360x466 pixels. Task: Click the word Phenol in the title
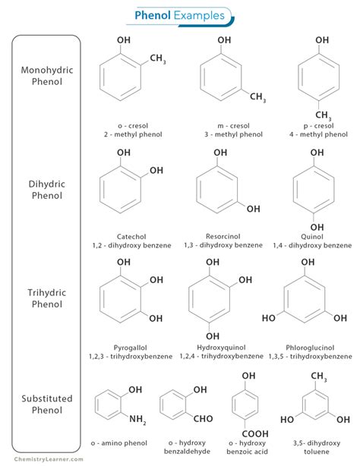(x=153, y=15)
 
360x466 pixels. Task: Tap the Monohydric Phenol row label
(x=47, y=76)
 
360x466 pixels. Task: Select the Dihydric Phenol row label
(x=47, y=190)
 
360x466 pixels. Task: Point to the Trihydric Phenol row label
(x=47, y=298)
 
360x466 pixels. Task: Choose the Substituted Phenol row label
(x=47, y=405)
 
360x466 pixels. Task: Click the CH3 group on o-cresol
(x=158, y=58)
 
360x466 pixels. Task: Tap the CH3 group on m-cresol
(x=257, y=97)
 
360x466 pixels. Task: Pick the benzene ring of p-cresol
(x=319, y=77)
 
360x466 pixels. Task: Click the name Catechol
(x=131, y=237)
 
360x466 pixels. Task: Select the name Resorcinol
(x=223, y=237)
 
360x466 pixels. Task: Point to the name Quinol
(x=312, y=237)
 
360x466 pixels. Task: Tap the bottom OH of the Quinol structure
(x=317, y=228)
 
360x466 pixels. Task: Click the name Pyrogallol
(x=131, y=348)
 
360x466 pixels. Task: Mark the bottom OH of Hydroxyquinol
(x=213, y=336)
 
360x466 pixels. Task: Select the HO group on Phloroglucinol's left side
(x=269, y=318)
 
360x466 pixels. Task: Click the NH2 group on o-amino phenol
(x=137, y=420)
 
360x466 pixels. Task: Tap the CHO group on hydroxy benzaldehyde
(x=204, y=419)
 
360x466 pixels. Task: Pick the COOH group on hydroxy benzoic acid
(x=255, y=434)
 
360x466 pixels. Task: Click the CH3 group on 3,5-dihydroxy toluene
(x=319, y=376)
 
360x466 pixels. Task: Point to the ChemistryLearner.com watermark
(x=49, y=459)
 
